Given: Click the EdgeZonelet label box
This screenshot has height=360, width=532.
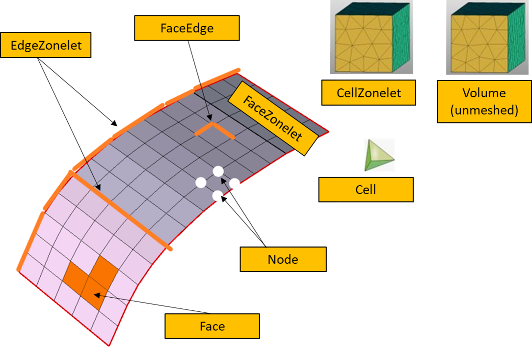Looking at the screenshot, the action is click(x=46, y=45).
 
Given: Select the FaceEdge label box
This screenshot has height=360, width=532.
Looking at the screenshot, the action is click(x=187, y=28).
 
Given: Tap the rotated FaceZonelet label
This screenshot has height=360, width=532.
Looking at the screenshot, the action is click(x=273, y=118).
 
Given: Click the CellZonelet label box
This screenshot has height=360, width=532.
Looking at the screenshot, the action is click(x=369, y=92).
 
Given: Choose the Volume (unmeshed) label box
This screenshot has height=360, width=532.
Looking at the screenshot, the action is click(x=484, y=101).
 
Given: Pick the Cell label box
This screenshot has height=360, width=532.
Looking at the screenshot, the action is click(x=366, y=189).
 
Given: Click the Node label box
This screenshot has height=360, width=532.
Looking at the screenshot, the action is click(x=283, y=259).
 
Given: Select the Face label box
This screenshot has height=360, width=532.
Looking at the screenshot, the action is click(x=212, y=326).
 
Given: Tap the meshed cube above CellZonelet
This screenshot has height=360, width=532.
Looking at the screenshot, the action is click(x=372, y=37).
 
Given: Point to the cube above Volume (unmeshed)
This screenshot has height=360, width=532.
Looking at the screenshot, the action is click(x=487, y=37).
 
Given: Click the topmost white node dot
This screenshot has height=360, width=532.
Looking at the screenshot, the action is click(x=218, y=172).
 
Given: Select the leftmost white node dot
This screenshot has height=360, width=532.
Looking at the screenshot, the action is click(x=201, y=183).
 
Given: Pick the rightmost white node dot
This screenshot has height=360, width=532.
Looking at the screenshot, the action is click(x=234, y=183).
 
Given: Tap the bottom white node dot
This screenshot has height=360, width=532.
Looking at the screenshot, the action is click(x=217, y=196).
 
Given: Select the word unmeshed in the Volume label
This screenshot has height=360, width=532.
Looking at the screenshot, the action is click(x=484, y=110).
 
